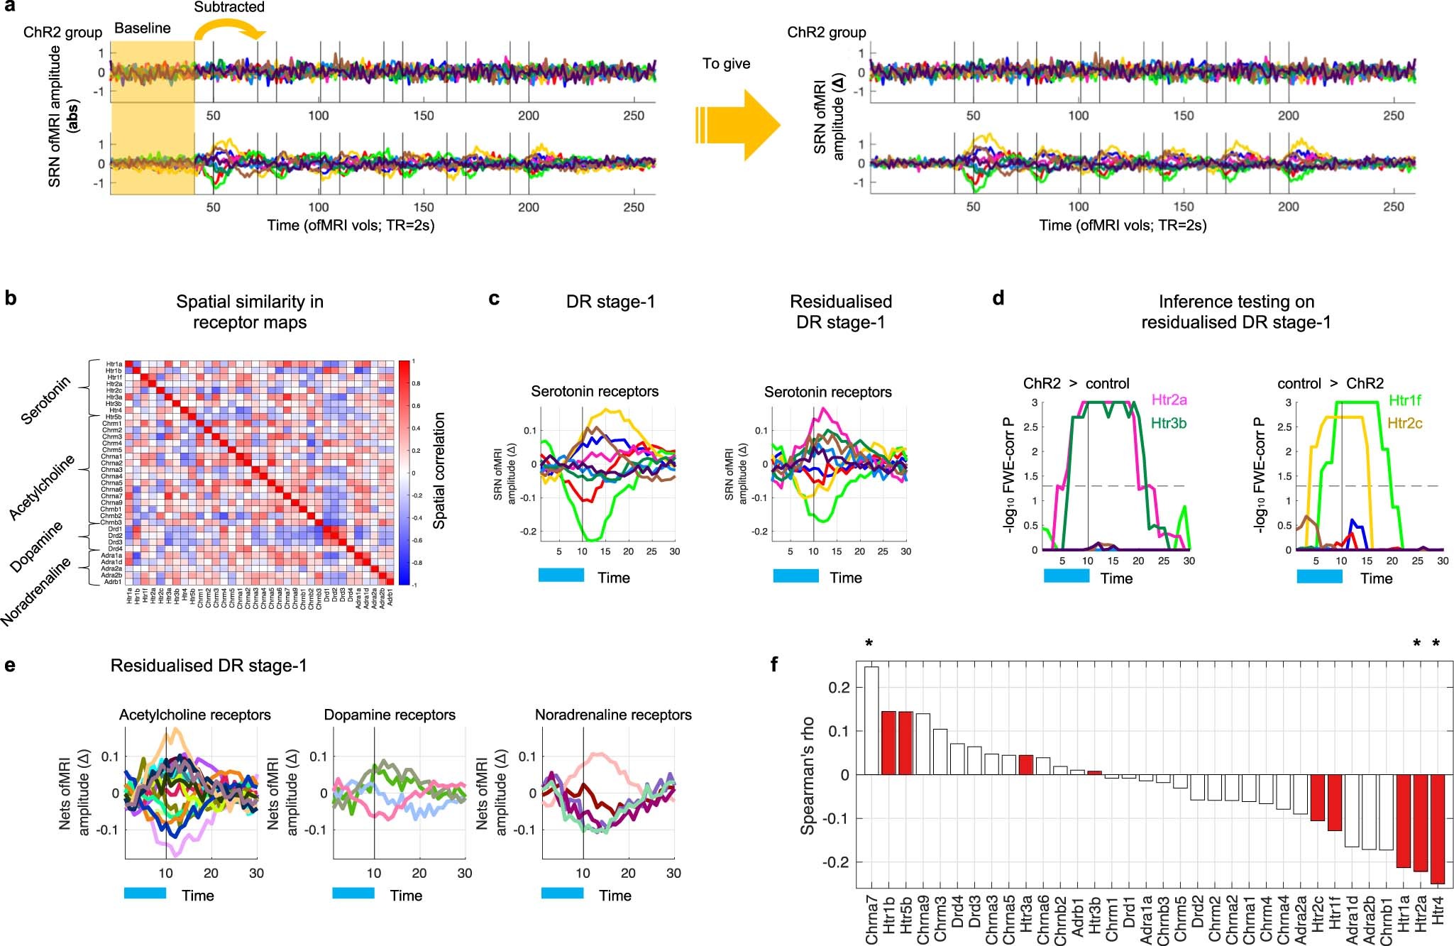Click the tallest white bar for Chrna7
tap(871, 720)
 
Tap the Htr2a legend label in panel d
tap(1169, 400)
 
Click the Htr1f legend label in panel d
tap(1404, 400)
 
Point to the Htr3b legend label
tap(1169, 424)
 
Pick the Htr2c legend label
tap(1404, 424)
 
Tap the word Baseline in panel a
tap(142, 28)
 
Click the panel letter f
tap(774, 664)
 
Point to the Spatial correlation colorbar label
tap(439, 471)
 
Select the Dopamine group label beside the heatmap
tap(37, 547)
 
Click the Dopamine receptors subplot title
tap(390, 715)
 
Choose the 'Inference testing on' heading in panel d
tap(1236, 302)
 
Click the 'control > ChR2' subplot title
tap(1330, 384)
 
